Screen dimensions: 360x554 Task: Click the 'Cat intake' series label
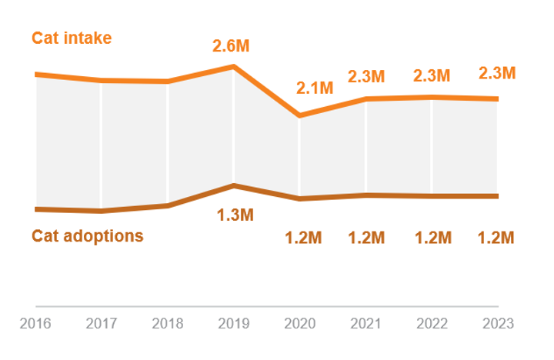[x=72, y=38]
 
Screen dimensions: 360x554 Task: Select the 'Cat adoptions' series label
[x=87, y=235]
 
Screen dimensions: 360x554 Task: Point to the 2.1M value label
[x=315, y=88]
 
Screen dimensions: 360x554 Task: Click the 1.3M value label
[x=235, y=215]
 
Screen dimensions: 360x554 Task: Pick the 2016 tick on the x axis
[x=35, y=324]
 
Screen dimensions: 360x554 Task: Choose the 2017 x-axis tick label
[x=102, y=324]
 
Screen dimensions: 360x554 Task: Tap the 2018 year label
[x=168, y=324]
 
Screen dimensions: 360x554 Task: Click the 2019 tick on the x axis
[x=234, y=324]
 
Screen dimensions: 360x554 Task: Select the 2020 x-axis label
[x=299, y=324]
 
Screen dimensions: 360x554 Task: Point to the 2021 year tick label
[x=365, y=324]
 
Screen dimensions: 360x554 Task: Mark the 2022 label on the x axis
[x=432, y=324]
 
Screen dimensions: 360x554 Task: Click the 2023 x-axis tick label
[x=497, y=324]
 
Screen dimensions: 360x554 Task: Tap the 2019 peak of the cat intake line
[x=233, y=67]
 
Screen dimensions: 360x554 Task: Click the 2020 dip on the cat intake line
[x=299, y=115]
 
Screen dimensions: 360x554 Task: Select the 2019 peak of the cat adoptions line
[x=233, y=185]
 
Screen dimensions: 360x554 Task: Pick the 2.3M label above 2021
[x=365, y=76]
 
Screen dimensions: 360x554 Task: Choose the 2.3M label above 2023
[x=497, y=73]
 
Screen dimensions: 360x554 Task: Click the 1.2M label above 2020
[x=303, y=238]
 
